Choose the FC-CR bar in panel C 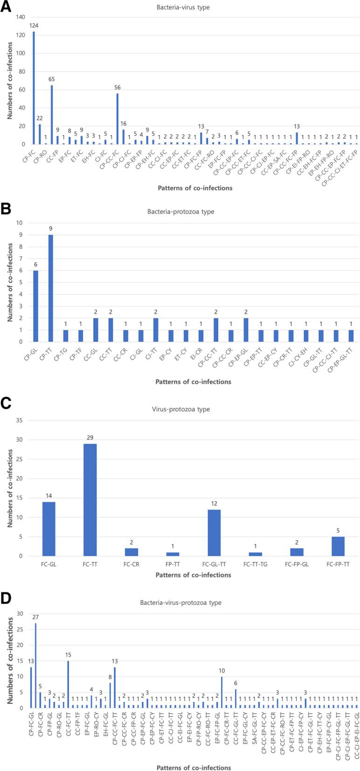(131, 552)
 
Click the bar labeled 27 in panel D (35, 666)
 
